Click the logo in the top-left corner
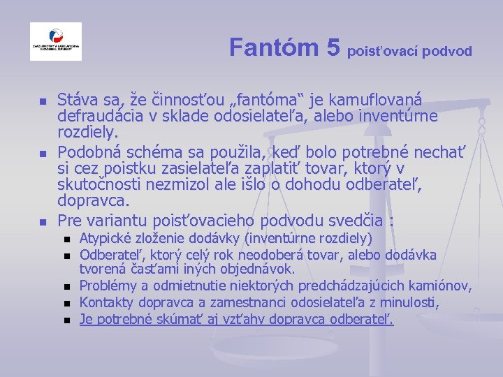click(56, 41)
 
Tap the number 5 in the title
click(333, 47)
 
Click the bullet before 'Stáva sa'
click(42, 102)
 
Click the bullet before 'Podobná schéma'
click(42, 154)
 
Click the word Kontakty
click(107, 302)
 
